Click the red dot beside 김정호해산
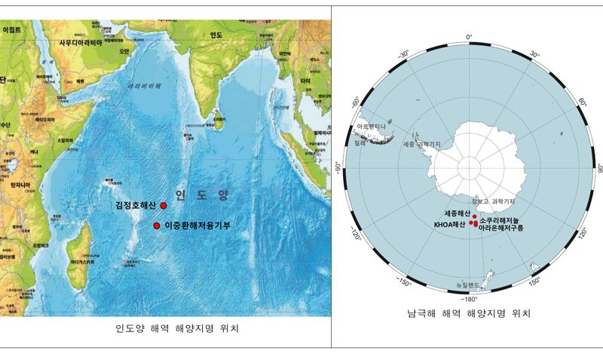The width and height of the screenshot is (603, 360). pos(164,205)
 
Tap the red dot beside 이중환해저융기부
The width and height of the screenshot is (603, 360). pos(157,226)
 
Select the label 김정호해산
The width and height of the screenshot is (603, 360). pos(137,205)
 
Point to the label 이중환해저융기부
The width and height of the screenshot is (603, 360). pos(197,226)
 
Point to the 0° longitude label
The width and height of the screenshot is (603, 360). pos(468,36)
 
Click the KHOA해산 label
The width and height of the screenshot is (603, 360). pos(450,224)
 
